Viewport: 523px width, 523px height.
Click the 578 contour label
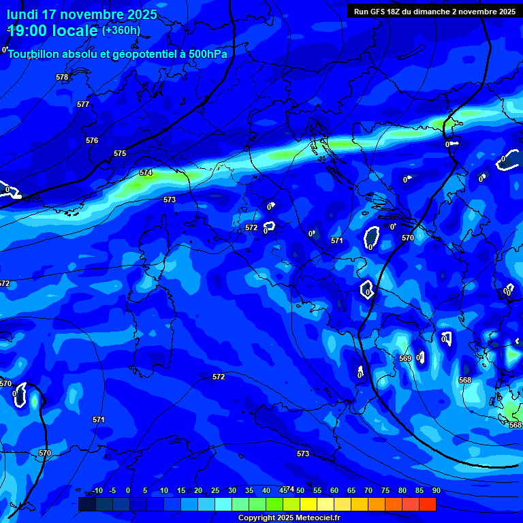62,78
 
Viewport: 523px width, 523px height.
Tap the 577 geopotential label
83,104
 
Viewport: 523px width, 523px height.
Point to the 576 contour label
92,140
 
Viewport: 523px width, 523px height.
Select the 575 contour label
120,153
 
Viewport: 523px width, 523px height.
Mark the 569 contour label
405,358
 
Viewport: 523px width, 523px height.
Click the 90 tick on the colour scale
436,490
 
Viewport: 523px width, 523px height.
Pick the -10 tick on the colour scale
97,490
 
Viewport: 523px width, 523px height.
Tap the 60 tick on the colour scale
334,490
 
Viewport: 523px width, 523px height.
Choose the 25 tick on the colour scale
215,490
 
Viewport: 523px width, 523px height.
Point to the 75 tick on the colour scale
385,490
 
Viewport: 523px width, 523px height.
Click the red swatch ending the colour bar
427,504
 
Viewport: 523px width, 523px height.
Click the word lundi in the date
22,14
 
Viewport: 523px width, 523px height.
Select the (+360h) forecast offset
121,31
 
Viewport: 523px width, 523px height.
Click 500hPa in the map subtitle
207,54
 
